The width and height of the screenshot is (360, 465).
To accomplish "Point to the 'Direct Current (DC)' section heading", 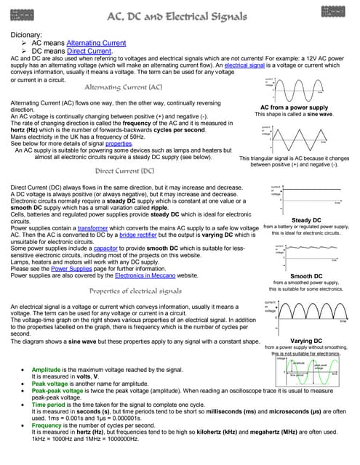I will click(124, 171).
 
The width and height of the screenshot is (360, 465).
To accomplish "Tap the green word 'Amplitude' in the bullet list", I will click(47, 370).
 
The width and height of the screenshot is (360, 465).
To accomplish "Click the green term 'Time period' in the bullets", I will click(48, 404).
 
